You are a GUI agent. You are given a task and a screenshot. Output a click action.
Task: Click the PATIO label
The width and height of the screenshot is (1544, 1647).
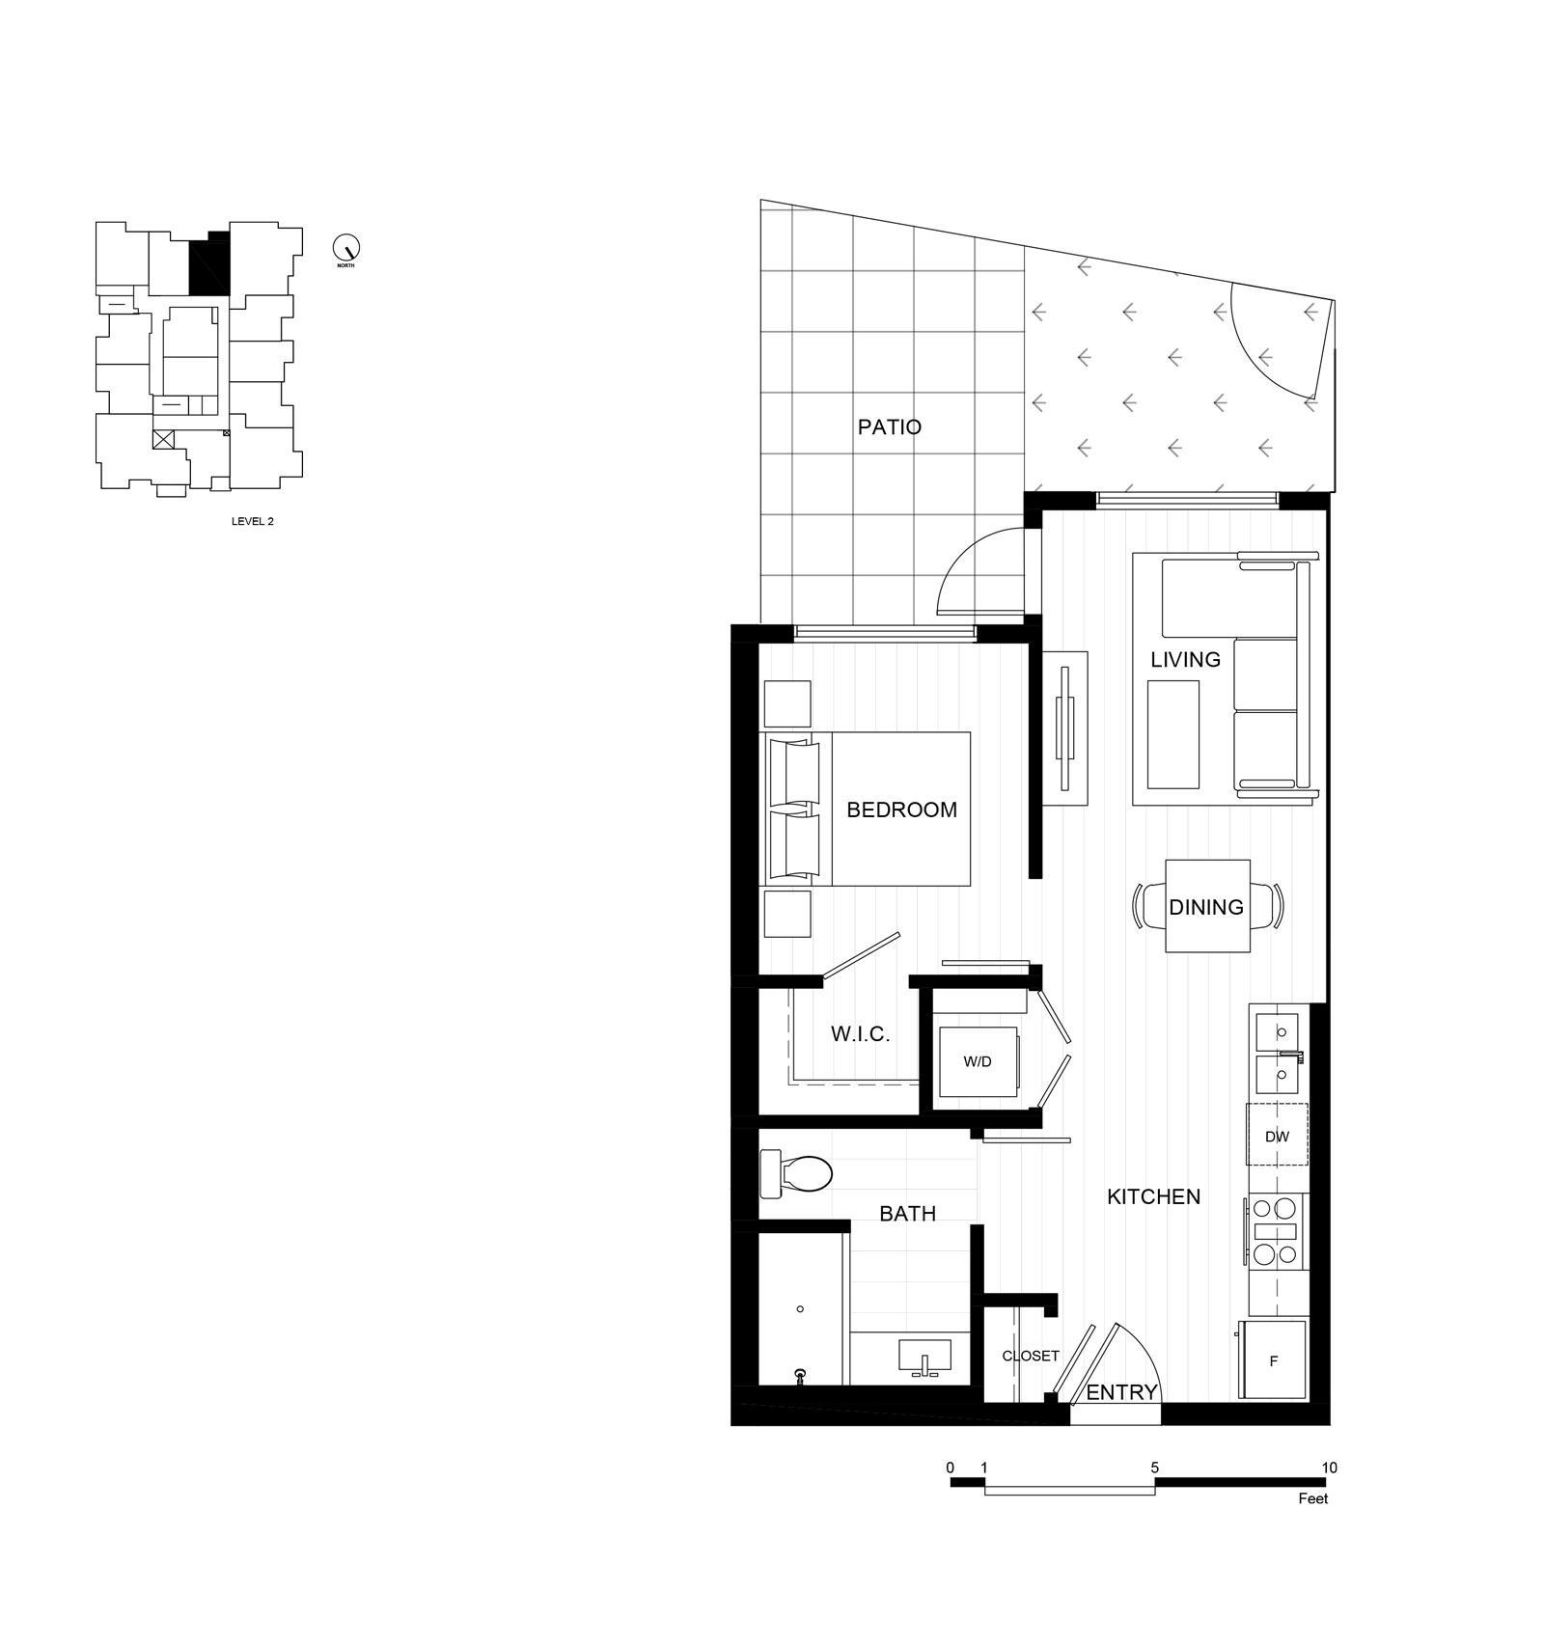[889, 426]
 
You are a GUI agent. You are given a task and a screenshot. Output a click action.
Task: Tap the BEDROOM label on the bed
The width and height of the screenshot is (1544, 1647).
[901, 810]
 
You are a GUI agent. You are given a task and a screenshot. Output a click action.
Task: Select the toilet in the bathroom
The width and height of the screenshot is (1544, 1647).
[796, 1172]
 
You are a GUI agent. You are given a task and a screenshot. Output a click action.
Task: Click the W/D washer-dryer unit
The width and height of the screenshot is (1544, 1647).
[978, 1061]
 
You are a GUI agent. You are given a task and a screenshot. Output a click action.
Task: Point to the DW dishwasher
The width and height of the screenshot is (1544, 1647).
[1277, 1136]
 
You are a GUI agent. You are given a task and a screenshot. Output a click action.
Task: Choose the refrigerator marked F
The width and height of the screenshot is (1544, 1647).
[1274, 1360]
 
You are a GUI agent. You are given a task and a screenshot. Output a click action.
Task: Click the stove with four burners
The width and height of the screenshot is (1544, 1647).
[1275, 1231]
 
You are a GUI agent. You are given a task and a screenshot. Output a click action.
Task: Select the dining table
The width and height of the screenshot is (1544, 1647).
[1207, 906]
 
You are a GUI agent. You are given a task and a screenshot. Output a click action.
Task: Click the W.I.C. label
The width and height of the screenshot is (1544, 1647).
[860, 1034]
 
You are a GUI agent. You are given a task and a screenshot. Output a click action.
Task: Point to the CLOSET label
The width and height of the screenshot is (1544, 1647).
[1031, 1356]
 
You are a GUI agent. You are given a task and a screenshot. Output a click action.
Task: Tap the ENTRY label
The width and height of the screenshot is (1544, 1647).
[1121, 1392]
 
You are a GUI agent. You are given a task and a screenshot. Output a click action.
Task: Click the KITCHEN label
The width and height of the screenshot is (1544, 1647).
[1153, 1196]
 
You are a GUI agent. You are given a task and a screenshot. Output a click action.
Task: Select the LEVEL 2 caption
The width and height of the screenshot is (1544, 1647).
[253, 521]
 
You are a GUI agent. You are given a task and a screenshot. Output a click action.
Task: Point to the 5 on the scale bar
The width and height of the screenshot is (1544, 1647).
[1154, 1468]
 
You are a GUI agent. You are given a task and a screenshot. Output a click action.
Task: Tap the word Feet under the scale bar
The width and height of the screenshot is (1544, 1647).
[1313, 1498]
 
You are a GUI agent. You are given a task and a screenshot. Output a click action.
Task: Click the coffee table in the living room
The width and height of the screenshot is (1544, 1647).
[1172, 734]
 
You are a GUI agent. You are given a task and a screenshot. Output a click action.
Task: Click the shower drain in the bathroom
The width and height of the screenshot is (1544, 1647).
[800, 1309]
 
